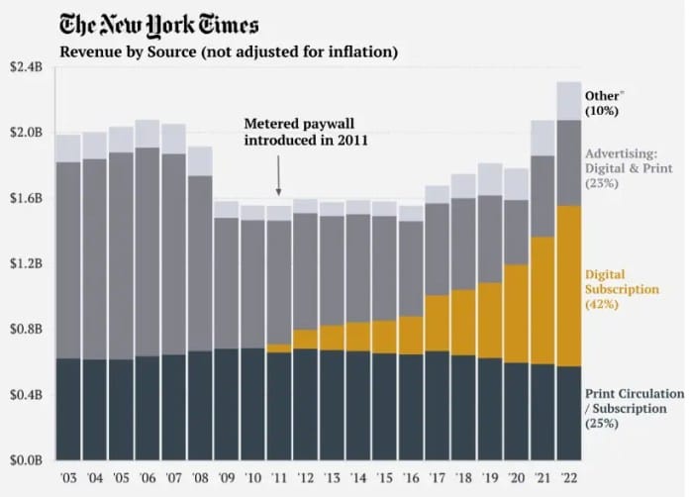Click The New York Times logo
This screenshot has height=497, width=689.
[x=159, y=25]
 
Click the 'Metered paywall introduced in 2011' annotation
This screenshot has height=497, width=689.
[x=306, y=132]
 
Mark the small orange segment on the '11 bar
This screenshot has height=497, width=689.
[x=278, y=348]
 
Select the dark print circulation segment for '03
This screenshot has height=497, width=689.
[x=68, y=409]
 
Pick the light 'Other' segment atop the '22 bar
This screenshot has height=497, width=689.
[x=568, y=101]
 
